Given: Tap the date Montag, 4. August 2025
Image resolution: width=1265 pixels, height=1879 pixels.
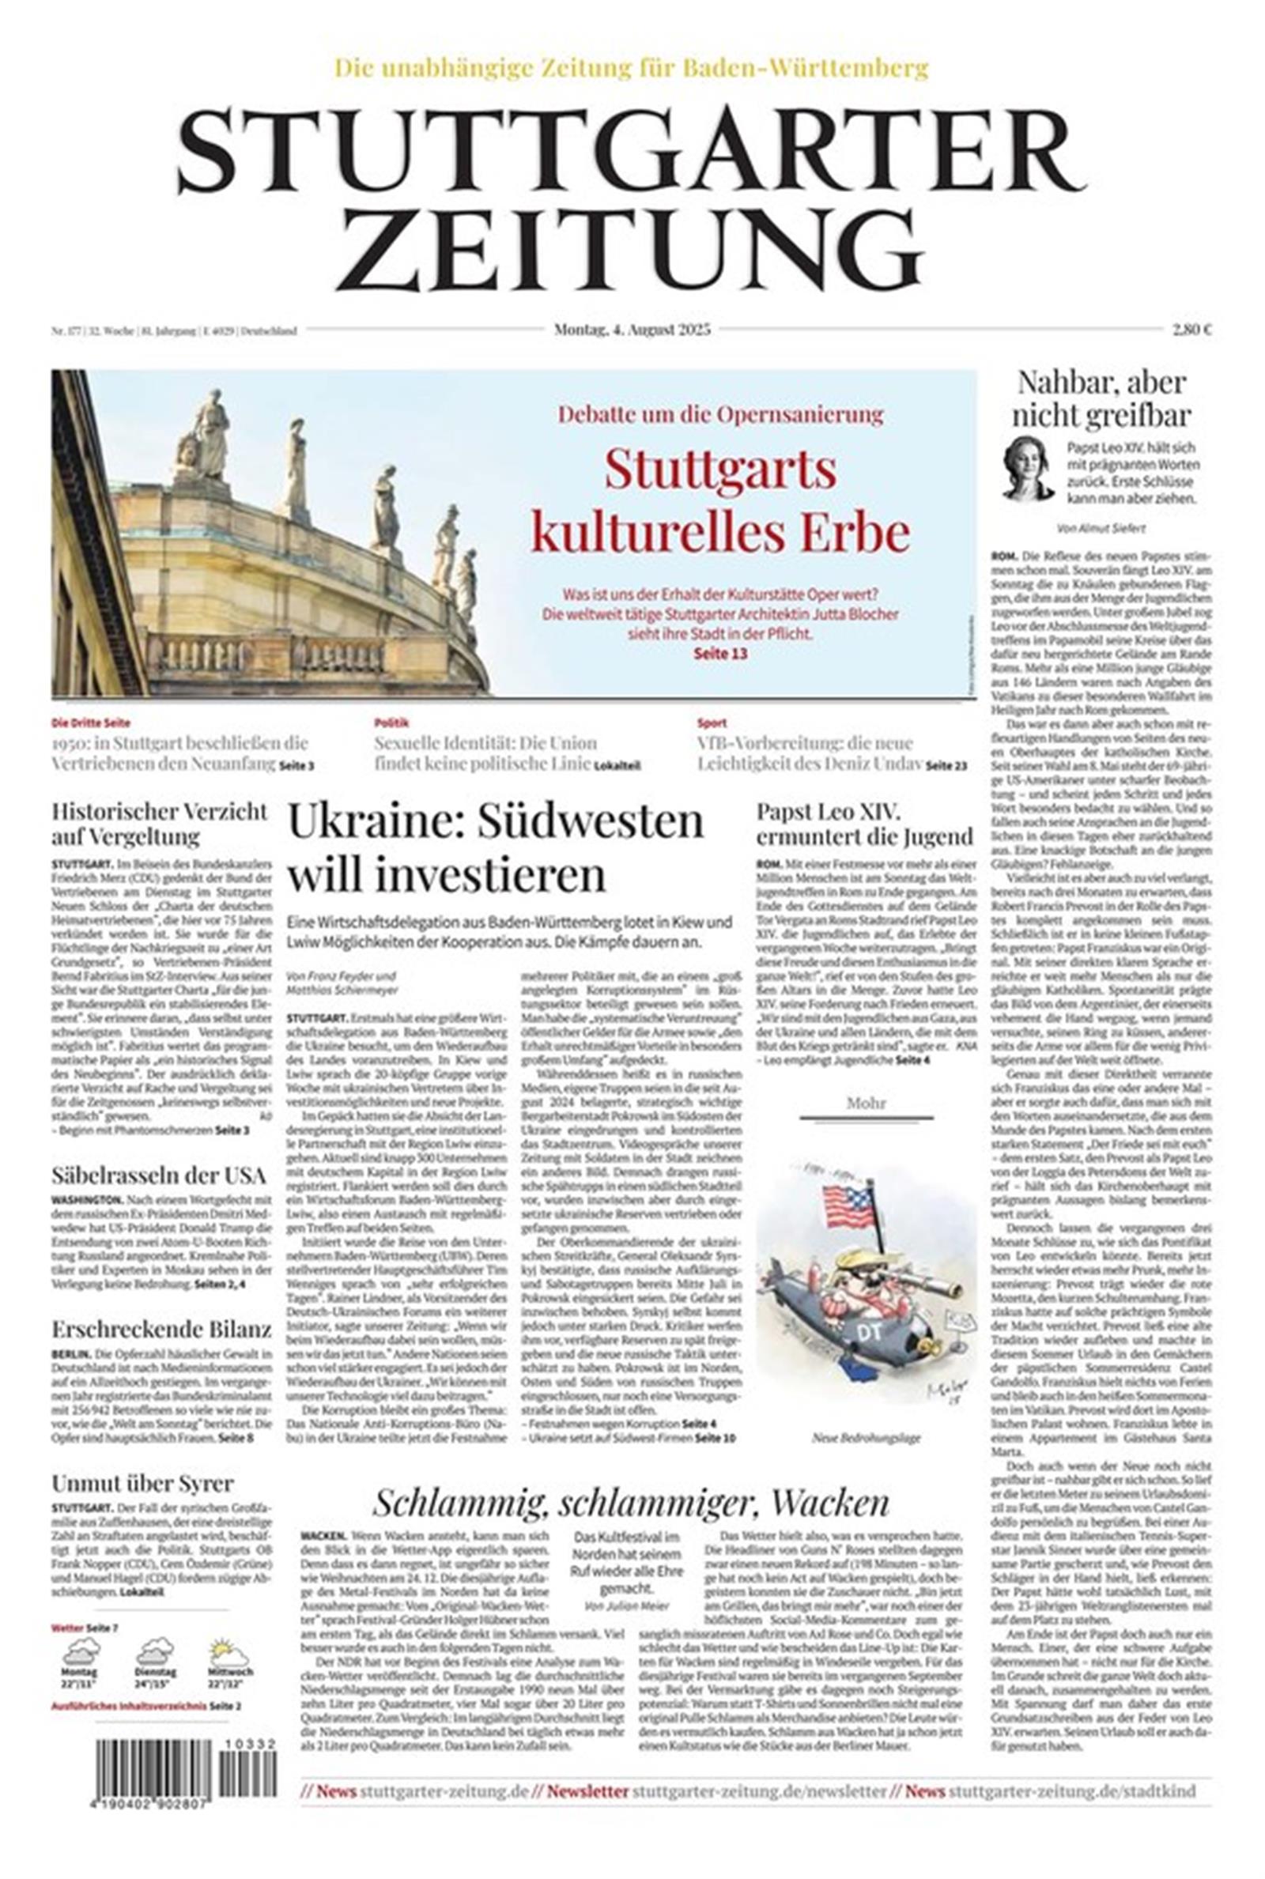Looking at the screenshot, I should click(x=632, y=329).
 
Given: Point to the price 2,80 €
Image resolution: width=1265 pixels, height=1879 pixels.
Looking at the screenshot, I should click(x=1192, y=329).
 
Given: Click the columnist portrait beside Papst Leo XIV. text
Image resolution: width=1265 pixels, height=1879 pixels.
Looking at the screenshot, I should click(x=1029, y=470).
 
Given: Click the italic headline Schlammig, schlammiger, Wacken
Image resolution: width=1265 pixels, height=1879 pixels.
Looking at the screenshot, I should click(x=631, y=1503).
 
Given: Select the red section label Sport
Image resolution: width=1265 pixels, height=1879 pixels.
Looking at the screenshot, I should click(x=712, y=723).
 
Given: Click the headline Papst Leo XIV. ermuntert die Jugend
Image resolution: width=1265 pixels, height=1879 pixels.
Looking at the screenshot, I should click(x=864, y=824).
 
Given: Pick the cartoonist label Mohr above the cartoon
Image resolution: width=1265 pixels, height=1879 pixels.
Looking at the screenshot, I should click(x=866, y=1103).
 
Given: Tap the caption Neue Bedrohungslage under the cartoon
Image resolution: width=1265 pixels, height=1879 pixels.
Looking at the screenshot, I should click(x=867, y=1438).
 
